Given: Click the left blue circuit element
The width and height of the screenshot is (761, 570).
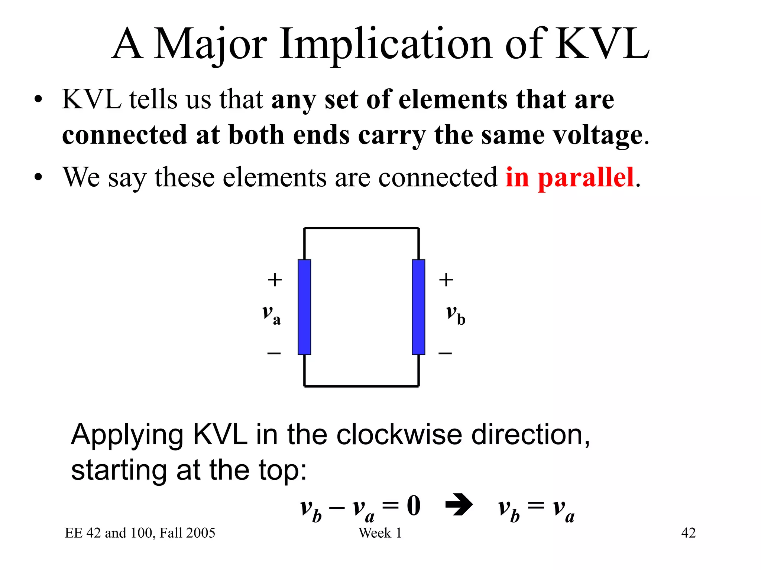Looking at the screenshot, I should (304, 307).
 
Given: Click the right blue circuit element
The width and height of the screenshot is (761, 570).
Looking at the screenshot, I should (418, 307).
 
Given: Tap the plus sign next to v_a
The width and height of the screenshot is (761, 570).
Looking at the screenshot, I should (275, 279).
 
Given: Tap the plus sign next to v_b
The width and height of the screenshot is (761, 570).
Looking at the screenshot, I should (446, 279).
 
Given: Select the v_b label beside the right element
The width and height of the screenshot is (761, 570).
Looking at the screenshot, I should (455, 314).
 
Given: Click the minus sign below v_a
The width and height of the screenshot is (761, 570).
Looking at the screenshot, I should (274, 353).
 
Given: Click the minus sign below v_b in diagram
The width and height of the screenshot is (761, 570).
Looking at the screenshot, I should (445, 353).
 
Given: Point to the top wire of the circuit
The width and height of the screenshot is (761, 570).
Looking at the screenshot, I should (361, 228).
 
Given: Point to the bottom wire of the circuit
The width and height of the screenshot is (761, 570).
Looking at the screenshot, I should (361, 386).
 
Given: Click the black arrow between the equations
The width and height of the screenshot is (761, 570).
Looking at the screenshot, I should (459, 505).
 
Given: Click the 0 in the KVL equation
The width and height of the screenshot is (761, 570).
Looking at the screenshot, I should (414, 505).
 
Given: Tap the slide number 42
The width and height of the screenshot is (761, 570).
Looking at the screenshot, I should (688, 533).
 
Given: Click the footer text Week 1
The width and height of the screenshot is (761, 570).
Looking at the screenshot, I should (380, 533).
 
